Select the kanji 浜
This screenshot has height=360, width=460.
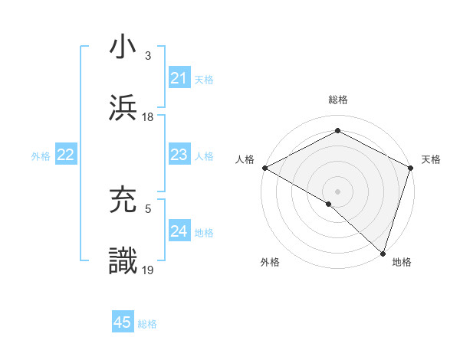coord(123,107)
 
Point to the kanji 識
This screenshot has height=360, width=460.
coord(123,260)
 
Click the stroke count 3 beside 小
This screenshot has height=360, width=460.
coord(148,56)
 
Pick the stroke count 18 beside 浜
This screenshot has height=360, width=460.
coord(148,117)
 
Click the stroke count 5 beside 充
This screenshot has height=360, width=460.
coord(148,208)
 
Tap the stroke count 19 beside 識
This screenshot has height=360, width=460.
coord(148,270)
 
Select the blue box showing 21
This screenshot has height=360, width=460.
coord(179,78)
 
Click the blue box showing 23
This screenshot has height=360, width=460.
coord(179,155)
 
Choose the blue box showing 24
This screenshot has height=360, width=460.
coord(179,231)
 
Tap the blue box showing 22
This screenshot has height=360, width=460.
coord(66,155)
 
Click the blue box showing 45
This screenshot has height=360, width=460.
coord(123,322)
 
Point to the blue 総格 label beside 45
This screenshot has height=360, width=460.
coord(147,324)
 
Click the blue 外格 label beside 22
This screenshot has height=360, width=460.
coord(41,156)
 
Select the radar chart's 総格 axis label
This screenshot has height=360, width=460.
coord(337,100)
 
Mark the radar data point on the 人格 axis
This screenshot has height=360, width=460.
coord(264,168)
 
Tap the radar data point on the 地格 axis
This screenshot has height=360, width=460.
coord(383,253)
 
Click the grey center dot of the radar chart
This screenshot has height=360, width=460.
coord(337,191)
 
